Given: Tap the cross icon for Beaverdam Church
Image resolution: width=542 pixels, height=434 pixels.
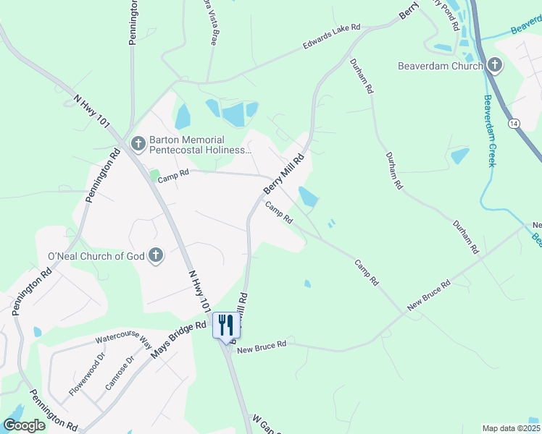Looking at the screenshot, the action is [494, 66].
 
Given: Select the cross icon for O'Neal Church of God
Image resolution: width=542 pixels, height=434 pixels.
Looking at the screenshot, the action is [154, 255].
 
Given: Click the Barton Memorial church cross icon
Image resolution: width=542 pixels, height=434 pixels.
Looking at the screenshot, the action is [138, 145].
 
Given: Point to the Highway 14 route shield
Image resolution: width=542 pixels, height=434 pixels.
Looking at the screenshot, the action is [514, 124].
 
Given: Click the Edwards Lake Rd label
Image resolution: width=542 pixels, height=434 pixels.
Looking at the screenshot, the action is [331, 38].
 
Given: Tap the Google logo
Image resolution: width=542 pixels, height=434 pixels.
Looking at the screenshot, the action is [25, 425].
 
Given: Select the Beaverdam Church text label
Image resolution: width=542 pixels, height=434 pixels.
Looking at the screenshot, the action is [441, 67].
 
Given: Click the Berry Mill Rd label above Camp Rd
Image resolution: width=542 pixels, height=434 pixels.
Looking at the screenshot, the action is [283, 174].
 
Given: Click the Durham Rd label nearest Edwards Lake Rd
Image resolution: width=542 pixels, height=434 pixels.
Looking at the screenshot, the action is [360, 77].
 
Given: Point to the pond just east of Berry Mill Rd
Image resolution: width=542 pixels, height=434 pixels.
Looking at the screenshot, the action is [308, 196].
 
